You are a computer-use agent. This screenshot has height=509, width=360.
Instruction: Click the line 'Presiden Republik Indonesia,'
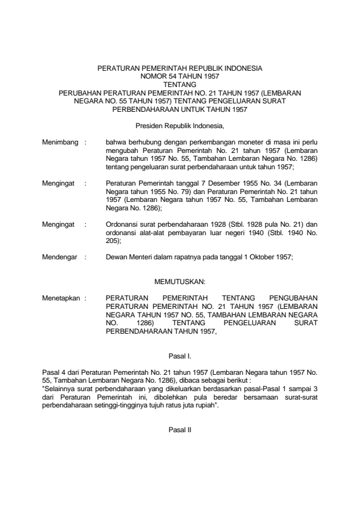tap(180, 126)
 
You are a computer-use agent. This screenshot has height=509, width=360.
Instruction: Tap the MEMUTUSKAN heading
tap(180, 282)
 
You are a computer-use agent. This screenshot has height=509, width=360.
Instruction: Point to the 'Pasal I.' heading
tap(180, 357)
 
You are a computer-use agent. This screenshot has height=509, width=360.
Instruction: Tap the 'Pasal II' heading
tap(180, 430)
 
